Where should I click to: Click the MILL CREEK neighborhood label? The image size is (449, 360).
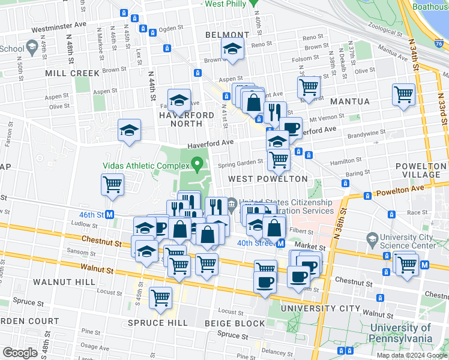72,73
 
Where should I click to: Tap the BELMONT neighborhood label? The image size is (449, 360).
227,35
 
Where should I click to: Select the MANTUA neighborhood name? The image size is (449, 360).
349,101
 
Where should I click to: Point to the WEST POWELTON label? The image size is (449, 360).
268,179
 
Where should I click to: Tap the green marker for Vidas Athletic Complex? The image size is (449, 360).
197,163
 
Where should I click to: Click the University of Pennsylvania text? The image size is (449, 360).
401,333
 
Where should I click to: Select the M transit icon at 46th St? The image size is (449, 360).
110,214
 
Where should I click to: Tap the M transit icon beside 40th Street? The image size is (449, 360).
280,243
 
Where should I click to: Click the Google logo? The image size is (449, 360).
20,353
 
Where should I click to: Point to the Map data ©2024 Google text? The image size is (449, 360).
412,355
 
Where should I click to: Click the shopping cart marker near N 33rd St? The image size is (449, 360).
403,94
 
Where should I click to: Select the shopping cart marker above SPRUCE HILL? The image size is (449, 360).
160,298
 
